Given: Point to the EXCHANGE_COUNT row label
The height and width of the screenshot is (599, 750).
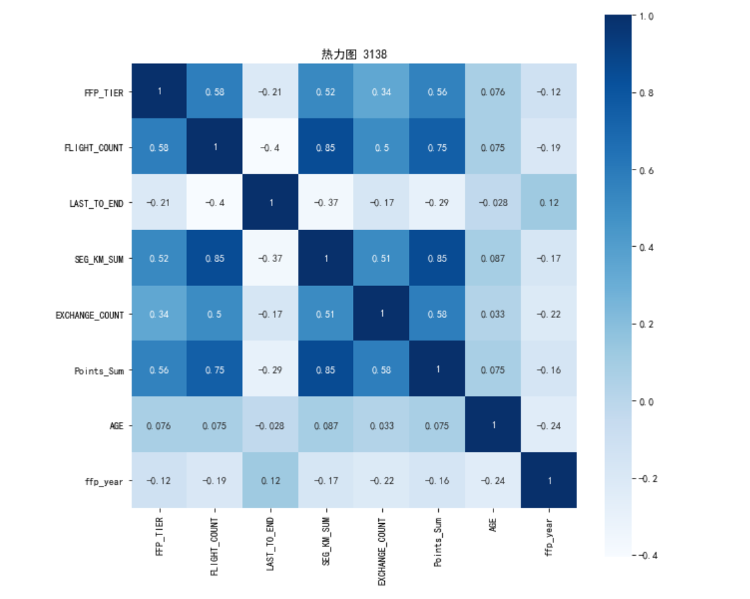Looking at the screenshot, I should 90,315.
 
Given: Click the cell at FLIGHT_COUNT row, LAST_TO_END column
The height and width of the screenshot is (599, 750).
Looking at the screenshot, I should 271,148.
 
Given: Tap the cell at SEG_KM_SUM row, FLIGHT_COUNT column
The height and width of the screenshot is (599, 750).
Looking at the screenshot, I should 215,259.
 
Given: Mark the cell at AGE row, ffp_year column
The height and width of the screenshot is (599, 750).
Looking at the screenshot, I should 549,425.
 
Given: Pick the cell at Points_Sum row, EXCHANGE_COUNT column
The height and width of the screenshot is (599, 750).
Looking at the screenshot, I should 382,370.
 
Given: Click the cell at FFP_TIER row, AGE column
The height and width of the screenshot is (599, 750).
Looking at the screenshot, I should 493,92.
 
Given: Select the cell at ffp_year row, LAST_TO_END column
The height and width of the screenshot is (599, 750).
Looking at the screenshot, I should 271,481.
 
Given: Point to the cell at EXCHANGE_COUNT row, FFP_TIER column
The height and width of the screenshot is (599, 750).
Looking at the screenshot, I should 159,314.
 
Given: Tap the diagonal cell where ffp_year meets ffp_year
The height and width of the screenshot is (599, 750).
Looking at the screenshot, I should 549,481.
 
